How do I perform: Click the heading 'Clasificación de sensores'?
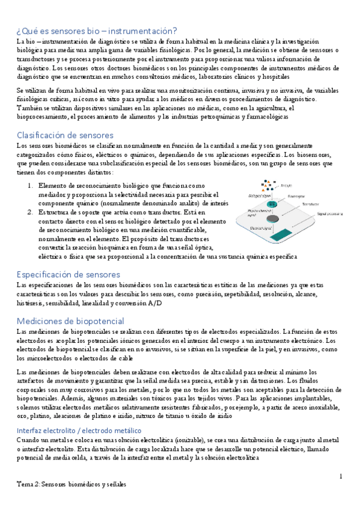click(65, 135)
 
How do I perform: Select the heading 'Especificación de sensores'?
click(68, 274)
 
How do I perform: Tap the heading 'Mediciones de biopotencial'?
click(69, 321)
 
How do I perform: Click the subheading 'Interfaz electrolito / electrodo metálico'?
click(79, 414)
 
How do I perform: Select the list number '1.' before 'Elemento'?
click(31, 186)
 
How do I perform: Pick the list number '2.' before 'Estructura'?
click(31, 212)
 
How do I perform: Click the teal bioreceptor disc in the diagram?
click(272, 204)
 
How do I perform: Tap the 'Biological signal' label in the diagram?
click(257, 196)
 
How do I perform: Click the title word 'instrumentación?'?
click(142, 31)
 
